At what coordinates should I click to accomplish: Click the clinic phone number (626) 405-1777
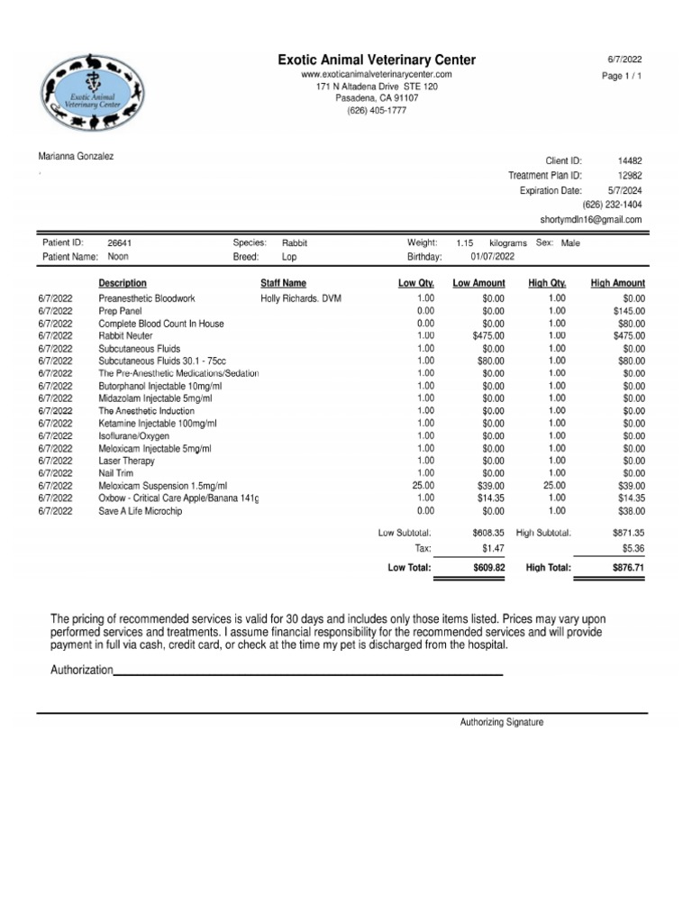point(377,111)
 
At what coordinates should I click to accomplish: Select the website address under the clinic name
point(377,73)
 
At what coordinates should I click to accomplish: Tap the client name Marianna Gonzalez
point(76,156)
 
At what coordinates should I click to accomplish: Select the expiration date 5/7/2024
point(624,190)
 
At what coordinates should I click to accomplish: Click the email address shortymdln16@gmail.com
point(591,219)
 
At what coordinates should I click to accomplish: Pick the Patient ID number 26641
point(120,243)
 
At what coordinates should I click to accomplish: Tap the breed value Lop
point(289,257)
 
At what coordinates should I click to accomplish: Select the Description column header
point(123,283)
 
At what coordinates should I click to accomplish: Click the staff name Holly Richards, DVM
point(301,298)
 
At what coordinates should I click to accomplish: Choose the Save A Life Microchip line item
point(141,510)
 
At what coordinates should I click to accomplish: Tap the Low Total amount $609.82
point(488,568)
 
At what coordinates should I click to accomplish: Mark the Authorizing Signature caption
point(502,722)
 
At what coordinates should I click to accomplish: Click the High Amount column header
point(617,283)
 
